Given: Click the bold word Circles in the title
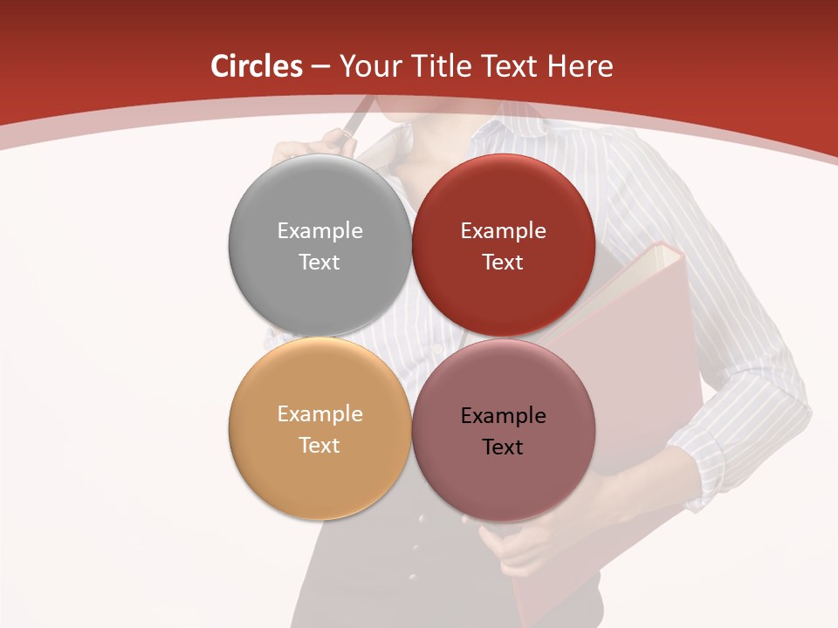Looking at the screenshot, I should point(257,66).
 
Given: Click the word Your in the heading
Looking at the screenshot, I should point(369,66).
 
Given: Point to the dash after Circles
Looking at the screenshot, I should point(319,67).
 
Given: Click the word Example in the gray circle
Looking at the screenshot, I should point(319,231).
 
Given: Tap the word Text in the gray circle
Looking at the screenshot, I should point(319,263).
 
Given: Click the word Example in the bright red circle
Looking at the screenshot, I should point(503,231).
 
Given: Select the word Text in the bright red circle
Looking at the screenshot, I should point(503,263).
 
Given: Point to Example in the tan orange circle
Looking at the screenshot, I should point(319,414).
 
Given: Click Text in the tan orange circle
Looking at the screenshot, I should point(319,446).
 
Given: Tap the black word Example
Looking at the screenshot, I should point(503,416).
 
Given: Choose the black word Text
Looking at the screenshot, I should point(503,447).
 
